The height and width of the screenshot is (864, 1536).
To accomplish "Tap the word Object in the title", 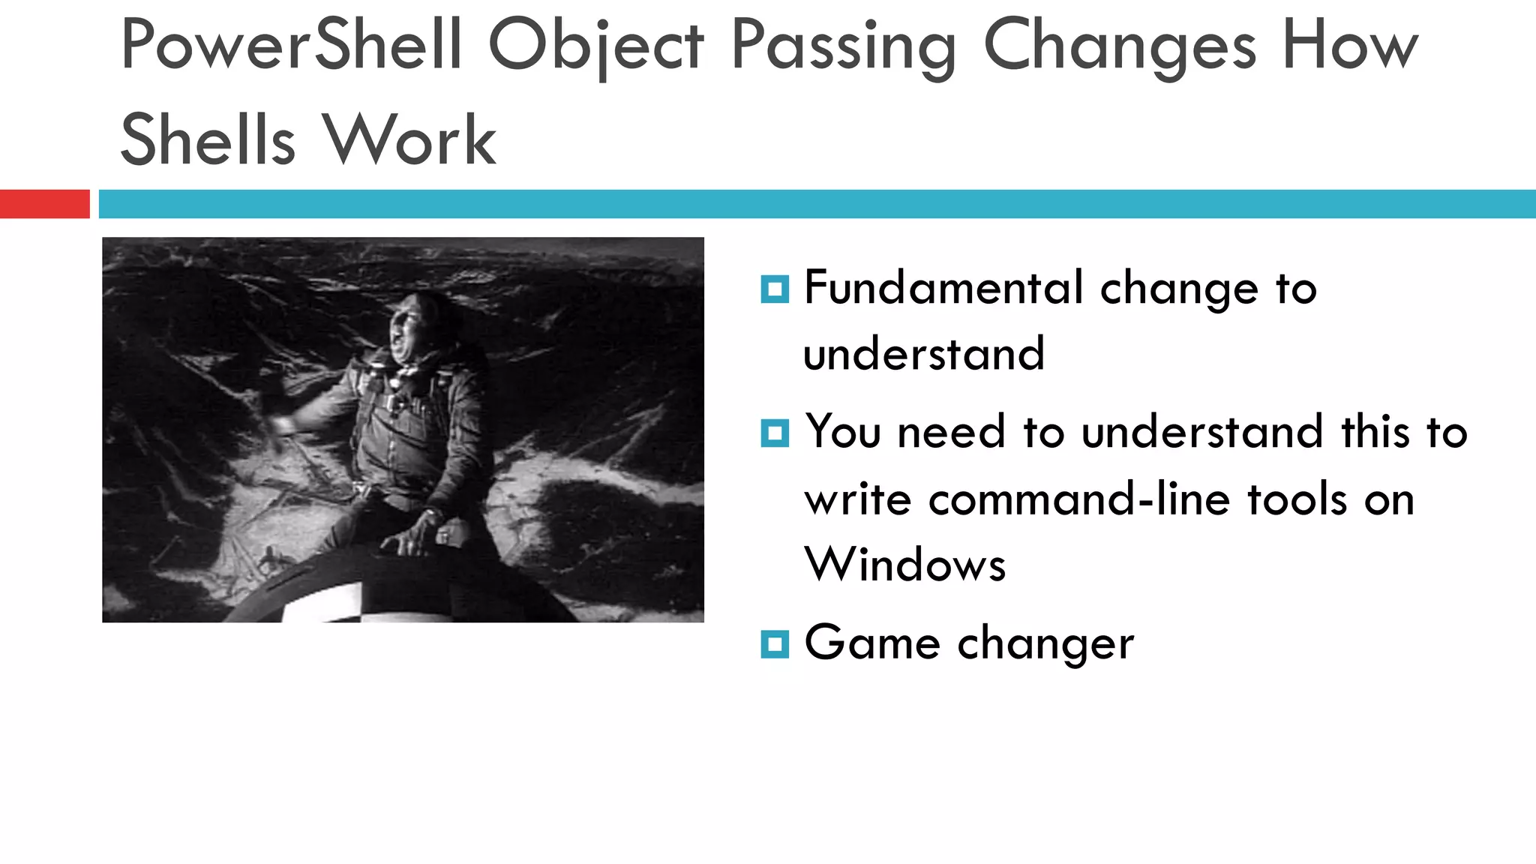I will [x=596, y=46].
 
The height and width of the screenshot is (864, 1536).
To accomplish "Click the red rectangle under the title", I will [x=44, y=204].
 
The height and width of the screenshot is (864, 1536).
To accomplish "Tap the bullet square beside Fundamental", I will [x=775, y=289].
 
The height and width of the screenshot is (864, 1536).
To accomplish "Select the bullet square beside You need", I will [x=775, y=433].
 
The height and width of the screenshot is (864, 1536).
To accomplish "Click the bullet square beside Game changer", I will [x=775, y=644].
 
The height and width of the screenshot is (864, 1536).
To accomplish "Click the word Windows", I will [x=904, y=564].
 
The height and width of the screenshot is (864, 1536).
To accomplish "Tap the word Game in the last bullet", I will [x=871, y=643].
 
